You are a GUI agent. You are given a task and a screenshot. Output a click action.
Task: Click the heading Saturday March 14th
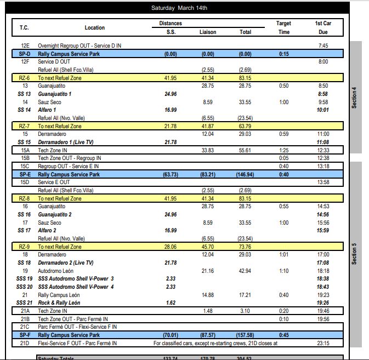179,8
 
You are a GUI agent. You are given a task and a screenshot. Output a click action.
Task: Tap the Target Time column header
283,27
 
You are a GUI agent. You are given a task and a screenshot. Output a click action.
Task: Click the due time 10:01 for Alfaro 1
322,110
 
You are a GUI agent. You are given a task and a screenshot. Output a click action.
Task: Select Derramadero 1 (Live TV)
66,142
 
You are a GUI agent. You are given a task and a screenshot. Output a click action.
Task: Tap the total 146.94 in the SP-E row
245,174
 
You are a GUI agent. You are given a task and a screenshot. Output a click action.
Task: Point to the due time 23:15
322,343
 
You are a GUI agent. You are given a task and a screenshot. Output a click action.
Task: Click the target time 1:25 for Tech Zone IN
283,150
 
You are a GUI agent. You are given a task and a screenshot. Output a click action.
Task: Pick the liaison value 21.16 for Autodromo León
207,271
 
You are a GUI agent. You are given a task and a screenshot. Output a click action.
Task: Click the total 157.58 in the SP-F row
245,335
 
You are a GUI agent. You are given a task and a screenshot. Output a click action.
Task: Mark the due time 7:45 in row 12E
323,45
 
